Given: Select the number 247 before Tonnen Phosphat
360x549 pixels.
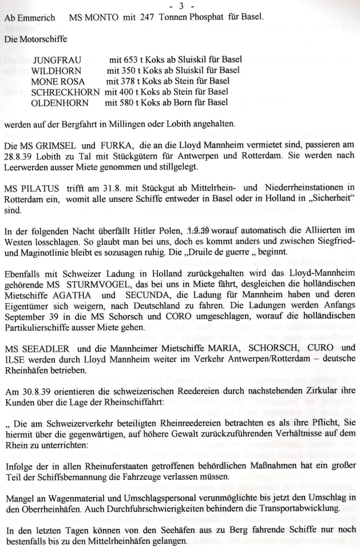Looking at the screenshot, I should pos(146,18).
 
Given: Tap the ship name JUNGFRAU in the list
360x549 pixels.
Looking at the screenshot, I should pos(57,59).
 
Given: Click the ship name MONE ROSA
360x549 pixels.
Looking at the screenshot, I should pos(58,81).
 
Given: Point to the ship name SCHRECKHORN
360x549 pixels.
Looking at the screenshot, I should pos(65,92).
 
